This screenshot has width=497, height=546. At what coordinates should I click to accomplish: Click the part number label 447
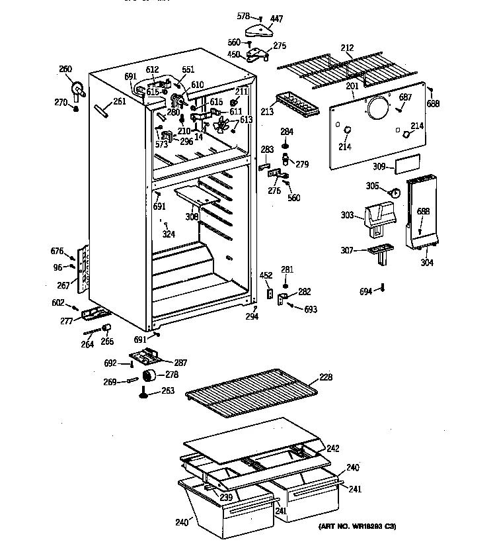(x=276, y=19)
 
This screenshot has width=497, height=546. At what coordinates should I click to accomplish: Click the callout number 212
(x=347, y=48)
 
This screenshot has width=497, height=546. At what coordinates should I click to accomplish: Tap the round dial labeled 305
(x=395, y=193)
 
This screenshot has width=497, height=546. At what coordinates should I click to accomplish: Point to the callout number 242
(x=332, y=448)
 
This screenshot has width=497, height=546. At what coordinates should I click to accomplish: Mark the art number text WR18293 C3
(x=358, y=526)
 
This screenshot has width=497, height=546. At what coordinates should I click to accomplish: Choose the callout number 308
(x=192, y=216)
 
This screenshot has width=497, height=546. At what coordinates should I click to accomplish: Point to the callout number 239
(x=226, y=498)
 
